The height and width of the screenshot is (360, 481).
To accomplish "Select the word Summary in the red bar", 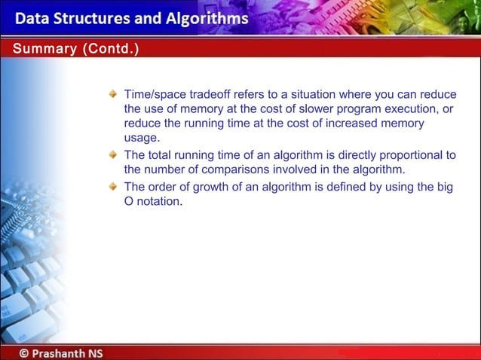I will tap(38, 49).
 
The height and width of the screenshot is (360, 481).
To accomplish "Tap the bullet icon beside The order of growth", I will tap(112, 186).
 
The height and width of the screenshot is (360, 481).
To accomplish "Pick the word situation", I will tap(305, 95).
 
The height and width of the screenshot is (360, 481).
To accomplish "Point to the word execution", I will tap(403, 109).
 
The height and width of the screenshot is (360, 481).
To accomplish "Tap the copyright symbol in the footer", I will tap(26, 352).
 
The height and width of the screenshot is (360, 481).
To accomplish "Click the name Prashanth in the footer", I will tap(60, 352).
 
